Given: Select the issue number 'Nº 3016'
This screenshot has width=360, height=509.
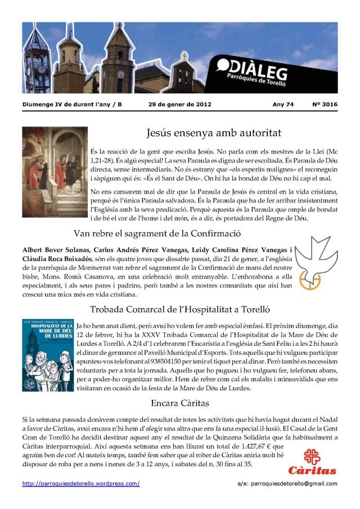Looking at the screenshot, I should (325, 104).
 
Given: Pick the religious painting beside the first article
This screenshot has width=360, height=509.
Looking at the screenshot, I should (55, 172).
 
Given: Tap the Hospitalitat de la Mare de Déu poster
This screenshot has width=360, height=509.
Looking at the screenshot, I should (48, 355).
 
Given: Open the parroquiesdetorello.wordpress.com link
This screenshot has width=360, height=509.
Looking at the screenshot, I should (81, 484).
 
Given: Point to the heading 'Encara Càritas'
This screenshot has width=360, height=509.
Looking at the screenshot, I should (179, 403).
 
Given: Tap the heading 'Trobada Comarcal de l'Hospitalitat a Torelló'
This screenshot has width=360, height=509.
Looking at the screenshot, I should (180, 309).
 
